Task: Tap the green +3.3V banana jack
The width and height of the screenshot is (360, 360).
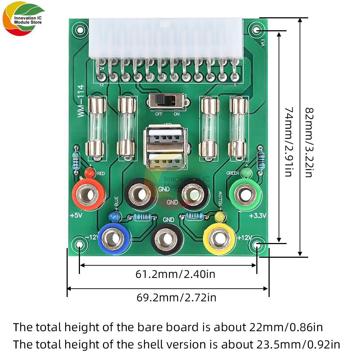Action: coord(245,195)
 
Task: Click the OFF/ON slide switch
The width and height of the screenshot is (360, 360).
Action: coord(167,101)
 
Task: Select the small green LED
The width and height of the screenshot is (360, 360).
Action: coord(246,174)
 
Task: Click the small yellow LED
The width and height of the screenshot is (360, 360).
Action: coord(220,217)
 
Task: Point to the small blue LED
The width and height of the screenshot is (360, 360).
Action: coord(114,216)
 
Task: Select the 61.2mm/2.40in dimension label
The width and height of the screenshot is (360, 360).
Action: coord(175,274)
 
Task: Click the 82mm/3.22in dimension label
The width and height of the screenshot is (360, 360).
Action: coord(309,142)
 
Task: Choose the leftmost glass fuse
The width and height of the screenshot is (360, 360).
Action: coord(96,128)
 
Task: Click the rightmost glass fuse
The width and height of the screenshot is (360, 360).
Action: coord(238,128)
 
